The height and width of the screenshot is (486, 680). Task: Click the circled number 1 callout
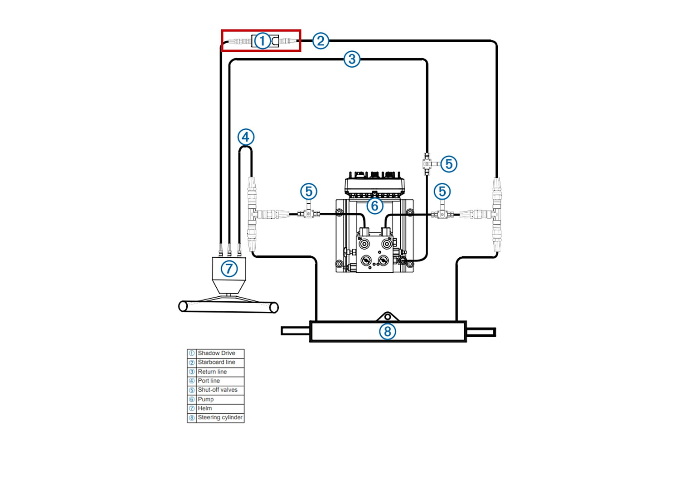(262, 41)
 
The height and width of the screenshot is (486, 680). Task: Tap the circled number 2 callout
(321, 41)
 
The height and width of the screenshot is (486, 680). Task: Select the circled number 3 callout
(352, 59)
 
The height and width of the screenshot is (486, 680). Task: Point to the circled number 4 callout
(246, 137)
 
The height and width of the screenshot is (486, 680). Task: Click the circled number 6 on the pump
(374, 206)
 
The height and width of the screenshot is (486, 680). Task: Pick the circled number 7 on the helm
(229, 269)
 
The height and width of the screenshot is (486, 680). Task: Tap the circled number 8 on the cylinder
(387, 331)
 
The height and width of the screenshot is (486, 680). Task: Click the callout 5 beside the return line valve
(449, 164)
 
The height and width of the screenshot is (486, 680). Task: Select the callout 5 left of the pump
(309, 191)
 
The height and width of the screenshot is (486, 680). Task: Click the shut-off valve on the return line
(427, 164)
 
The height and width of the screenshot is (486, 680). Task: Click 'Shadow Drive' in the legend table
(216, 353)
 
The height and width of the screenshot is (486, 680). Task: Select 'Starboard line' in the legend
(216, 362)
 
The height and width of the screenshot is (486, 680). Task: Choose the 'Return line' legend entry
(212, 372)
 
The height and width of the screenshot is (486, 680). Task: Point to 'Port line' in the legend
(209, 381)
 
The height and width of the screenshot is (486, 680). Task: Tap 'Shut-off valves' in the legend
(218, 390)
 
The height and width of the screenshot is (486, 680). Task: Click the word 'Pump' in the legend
(205, 399)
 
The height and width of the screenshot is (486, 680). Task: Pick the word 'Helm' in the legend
(204, 408)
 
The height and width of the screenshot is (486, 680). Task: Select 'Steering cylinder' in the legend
(220, 417)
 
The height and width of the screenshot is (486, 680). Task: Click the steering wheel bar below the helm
(228, 307)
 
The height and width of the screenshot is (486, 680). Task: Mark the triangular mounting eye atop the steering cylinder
(387, 316)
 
